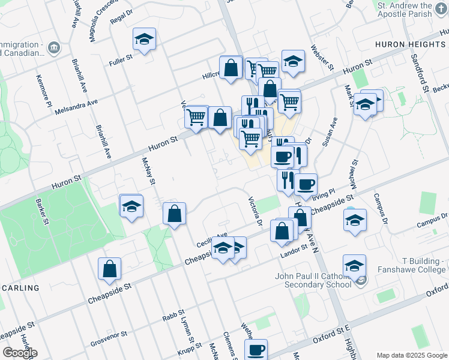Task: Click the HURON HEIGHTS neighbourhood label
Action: point(411,44)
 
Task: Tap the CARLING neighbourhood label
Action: point(20,288)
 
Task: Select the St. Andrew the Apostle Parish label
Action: point(412,9)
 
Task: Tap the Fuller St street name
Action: point(120,62)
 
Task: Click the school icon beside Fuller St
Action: point(144,40)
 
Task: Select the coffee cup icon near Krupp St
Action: point(256,349)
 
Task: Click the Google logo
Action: point(20,353)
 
